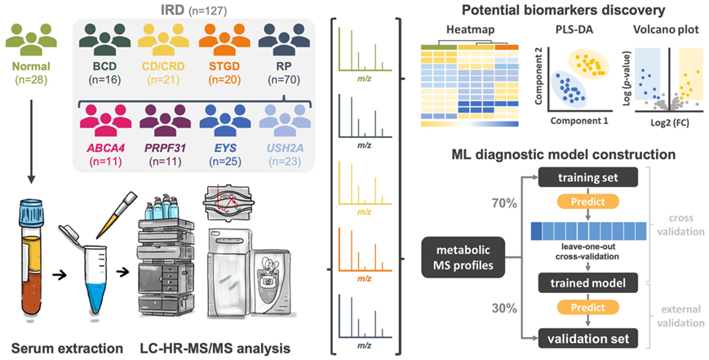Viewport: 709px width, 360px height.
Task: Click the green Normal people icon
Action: click(x=33, y=40)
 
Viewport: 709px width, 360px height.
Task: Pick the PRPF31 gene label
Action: click(x=172, y=149)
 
